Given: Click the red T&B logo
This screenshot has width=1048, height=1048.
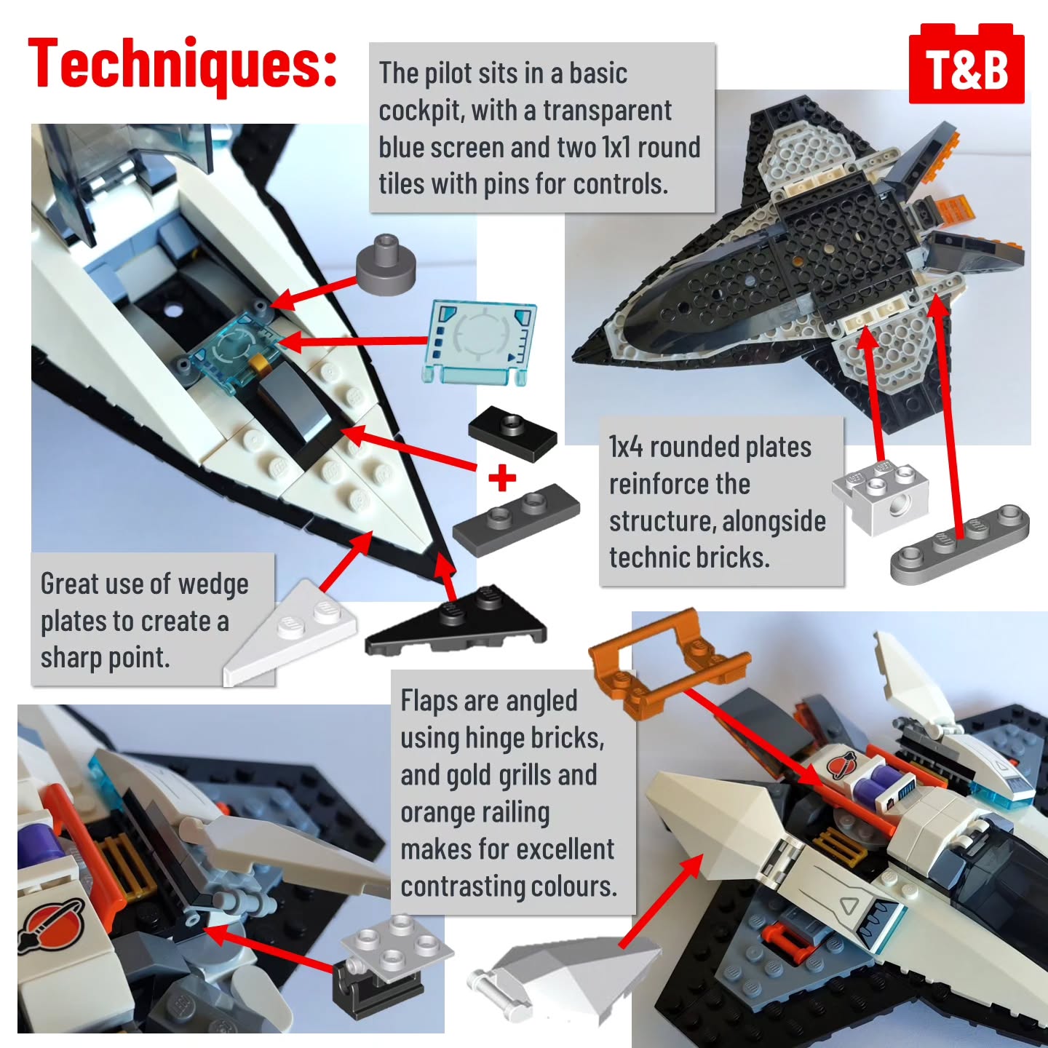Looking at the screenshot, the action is click(x=966, y=63).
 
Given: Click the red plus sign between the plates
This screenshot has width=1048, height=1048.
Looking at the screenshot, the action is click(x=502, y=478).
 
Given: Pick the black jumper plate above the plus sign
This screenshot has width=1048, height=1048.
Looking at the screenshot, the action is click(x=512, y=434).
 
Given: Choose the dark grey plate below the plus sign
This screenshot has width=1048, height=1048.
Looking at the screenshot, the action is click(x=515, y=520).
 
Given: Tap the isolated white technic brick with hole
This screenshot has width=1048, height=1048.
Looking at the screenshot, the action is click(x=880, y=497).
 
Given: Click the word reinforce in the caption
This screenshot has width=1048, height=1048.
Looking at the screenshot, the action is click(x=679, y=483).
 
